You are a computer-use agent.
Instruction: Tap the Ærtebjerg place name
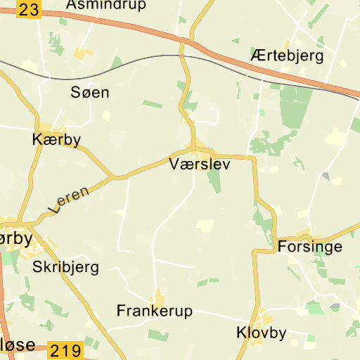pos(286,56)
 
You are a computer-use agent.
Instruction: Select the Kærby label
pos(56,139)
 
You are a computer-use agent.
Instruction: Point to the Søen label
pos(90,92)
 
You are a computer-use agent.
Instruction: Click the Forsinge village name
pos(310,247)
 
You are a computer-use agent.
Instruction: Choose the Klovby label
pos(262,333)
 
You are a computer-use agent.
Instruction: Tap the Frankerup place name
pos(154,311)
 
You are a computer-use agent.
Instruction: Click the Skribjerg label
pos(65,267)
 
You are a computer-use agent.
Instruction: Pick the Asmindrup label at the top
pos(105,5)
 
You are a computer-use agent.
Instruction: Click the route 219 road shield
pos(65,349)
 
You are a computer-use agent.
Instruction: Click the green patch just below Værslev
pos(214,179)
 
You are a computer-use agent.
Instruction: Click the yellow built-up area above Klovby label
pos(264,316)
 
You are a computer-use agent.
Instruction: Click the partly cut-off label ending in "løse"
pos(17,346)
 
